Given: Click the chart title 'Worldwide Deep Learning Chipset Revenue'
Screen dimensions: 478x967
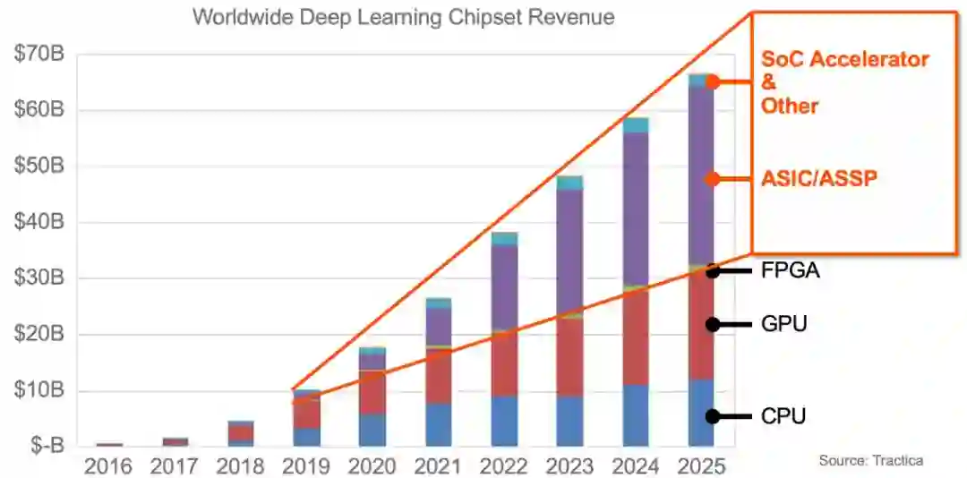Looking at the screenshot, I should [403, 18].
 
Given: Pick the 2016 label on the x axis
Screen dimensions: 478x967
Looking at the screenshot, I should [108, 466].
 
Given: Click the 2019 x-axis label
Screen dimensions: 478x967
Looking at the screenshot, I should [306, 466].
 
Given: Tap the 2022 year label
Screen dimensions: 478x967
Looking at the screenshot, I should [504, 466].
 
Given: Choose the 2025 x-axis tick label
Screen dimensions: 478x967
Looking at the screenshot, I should [702, 466].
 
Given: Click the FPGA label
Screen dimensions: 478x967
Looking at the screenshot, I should [791, 270].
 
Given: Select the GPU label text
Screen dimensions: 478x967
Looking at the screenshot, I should [784, 324].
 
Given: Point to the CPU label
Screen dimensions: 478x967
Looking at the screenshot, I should [784, 416].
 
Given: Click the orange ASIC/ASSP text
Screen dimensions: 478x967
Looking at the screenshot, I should [818, 178].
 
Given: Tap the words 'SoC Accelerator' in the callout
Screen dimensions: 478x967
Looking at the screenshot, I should [844, 60].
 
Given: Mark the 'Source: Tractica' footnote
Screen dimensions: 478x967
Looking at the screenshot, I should [870, 460].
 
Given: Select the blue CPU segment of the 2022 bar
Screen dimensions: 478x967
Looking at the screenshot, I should [504, 421].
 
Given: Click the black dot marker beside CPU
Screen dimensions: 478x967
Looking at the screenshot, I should [713, 416].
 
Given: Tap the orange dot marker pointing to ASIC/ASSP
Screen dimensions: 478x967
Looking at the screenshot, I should [713, 179].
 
